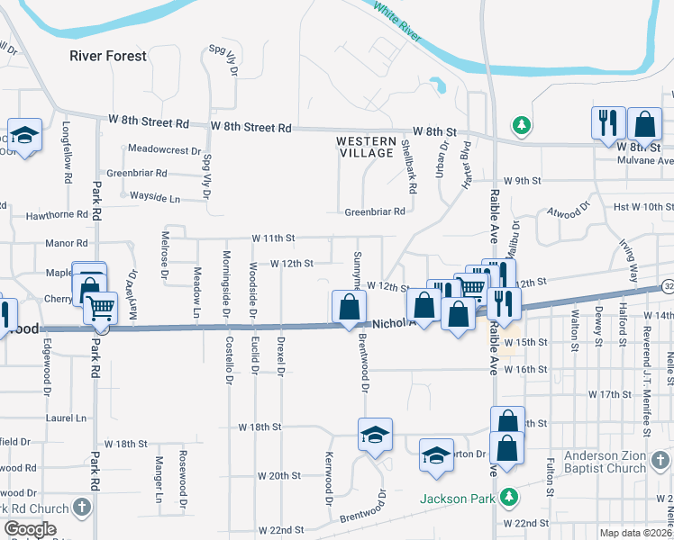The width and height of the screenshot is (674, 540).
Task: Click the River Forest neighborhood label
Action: [108, 56]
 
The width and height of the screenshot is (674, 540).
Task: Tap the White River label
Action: [397, 21]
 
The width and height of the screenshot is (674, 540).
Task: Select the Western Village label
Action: [366, 147]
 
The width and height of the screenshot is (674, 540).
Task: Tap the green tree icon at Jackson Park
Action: [509, 496]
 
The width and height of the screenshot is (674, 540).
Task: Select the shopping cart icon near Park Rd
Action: [101, 308]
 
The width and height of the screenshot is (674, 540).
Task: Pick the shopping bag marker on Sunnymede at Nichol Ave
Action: [349, 307]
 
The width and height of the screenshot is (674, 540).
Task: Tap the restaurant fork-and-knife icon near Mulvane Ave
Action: [608, 122]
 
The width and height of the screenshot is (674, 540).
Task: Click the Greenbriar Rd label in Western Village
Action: [375, 212]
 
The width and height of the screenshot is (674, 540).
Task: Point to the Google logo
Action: [31, 529]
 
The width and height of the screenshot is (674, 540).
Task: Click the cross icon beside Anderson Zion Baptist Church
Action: [662, 462]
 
